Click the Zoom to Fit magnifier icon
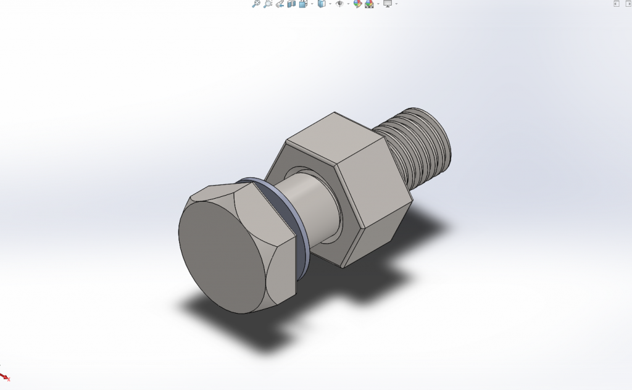point(256,4)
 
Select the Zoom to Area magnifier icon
point(267,4)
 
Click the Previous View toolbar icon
point(280,4)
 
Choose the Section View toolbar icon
point(291,4)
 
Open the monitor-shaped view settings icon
point(387,4)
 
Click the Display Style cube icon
point(321,4)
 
